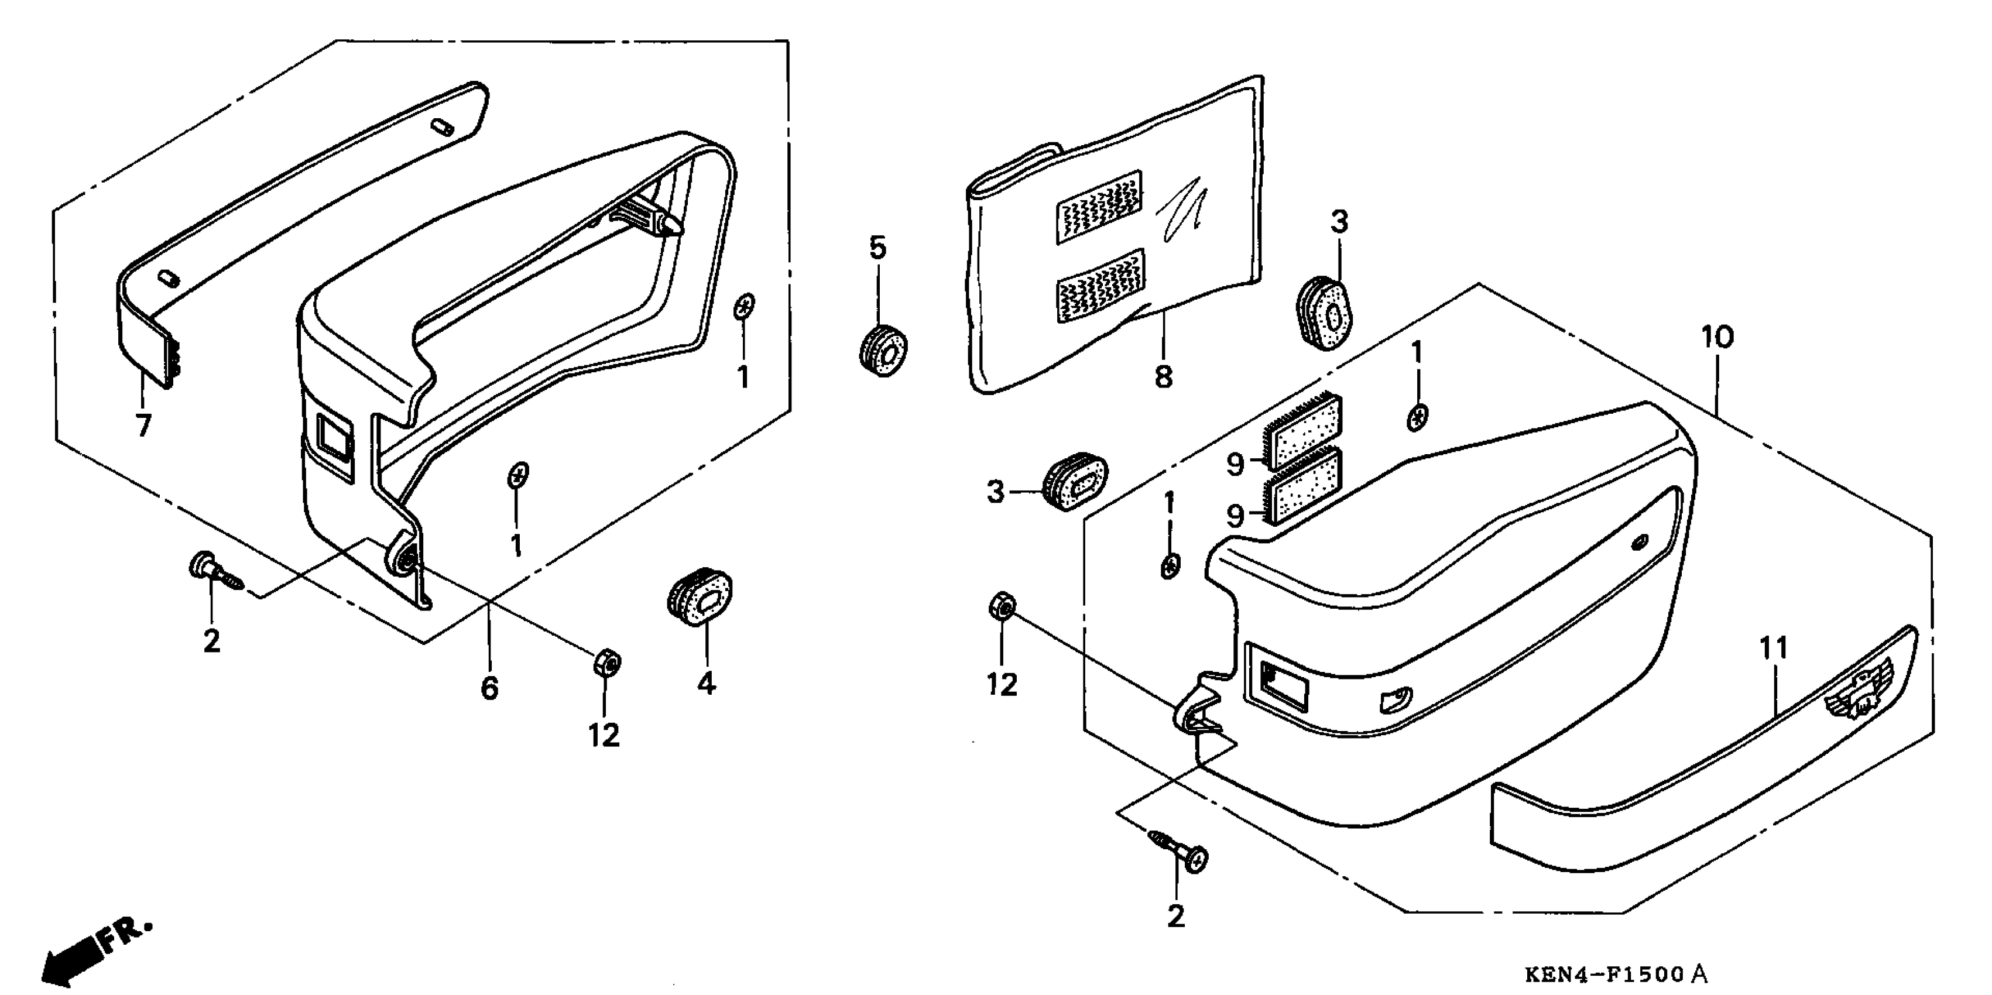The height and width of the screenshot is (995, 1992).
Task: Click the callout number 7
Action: [143, 424]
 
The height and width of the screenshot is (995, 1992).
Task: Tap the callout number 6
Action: [489, 687]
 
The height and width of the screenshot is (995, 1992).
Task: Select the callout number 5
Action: [877, 248]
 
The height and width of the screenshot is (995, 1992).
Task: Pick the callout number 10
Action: [1717, 337]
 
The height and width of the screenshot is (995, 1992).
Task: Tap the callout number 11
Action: [1774, 648]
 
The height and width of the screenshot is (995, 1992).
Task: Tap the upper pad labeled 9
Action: [1305, 433]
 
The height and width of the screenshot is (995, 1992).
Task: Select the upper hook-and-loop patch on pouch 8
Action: [1099, 207]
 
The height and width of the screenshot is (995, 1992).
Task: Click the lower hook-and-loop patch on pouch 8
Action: [1100, 285]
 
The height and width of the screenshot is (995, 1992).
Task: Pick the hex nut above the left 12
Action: [606, 663]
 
